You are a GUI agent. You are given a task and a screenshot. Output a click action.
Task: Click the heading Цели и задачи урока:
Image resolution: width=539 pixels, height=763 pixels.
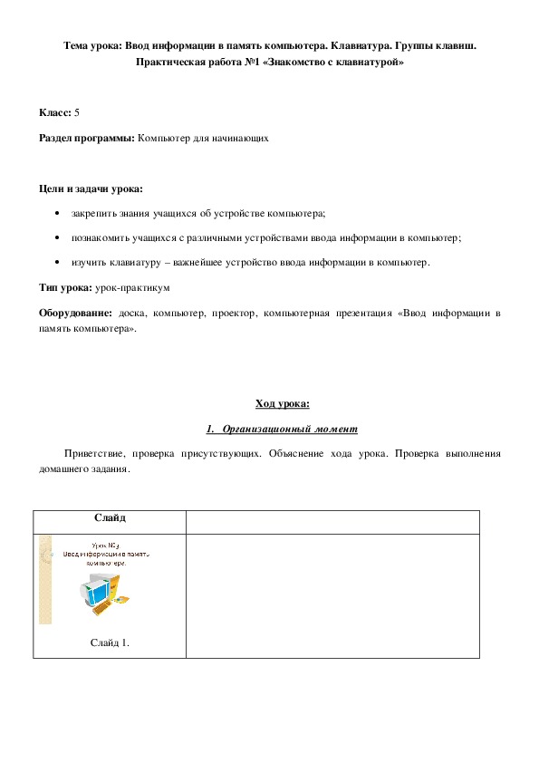coord(91,188)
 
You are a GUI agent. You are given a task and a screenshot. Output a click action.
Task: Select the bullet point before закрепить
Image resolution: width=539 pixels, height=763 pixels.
coord(58,214)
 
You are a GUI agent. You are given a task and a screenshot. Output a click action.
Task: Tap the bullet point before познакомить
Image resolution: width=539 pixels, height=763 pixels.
coord(58,238)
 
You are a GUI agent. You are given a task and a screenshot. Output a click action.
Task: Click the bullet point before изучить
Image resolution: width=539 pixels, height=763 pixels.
coord(58,263)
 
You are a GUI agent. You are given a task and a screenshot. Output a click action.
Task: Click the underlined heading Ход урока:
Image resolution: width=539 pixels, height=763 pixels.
coord(283,403)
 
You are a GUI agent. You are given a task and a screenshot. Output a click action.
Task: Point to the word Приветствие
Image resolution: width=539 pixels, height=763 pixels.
coord(92,452)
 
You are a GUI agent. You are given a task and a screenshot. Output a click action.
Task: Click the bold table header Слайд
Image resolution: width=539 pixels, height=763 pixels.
coord(110,518)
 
